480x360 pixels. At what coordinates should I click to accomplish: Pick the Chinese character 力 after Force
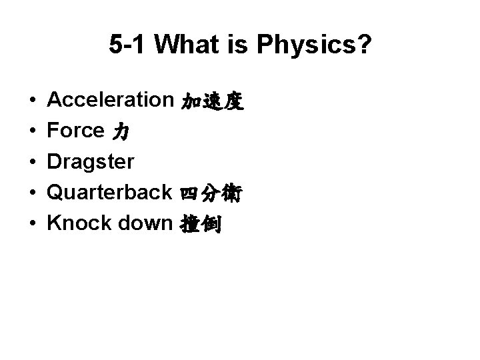[121, 132]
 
